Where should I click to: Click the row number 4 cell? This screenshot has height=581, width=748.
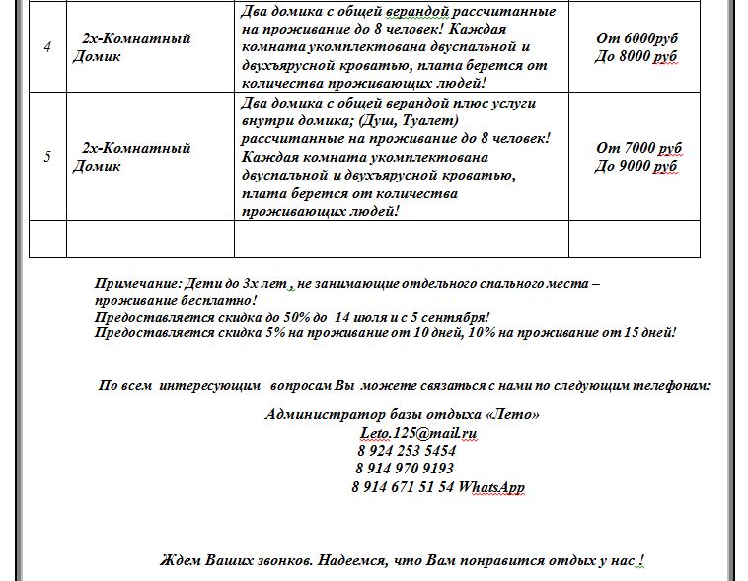pos(47,47)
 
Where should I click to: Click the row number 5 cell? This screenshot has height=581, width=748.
pos(47,157)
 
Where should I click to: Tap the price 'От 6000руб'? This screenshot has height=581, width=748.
pos(636,38)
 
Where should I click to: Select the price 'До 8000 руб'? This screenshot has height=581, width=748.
pos(636,56)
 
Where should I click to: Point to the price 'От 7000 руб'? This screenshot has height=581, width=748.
pos(638,148)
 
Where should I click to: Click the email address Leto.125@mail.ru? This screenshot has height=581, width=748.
pos(418,433)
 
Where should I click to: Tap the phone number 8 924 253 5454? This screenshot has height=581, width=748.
pos(406,451)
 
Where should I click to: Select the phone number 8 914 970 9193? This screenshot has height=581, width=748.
pos(405,469)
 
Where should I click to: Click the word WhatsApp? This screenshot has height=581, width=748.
pos(491,487)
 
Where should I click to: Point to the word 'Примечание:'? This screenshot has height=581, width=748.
pos(137,283)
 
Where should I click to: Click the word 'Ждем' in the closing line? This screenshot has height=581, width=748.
pos(181,560)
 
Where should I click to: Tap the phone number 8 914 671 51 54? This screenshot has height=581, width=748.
pos(403,487)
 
